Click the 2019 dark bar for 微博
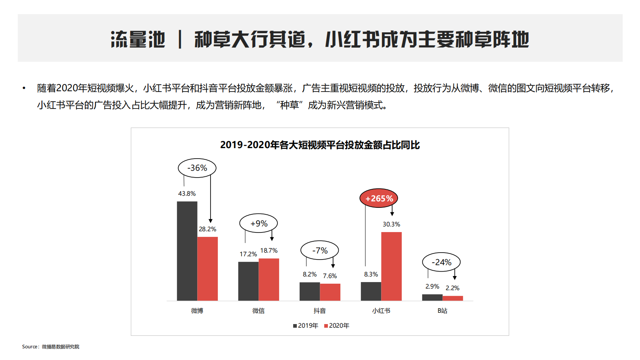[x=187, y=251]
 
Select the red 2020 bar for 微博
[x=208, y=269]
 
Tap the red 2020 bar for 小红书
[x=391, y=266]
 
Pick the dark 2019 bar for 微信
[x=248, y=281]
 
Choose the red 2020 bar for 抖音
[x=330, y=292]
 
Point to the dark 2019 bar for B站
[x=432, y=297]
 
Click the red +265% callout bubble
[x=379, y=198]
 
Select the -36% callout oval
[x=197, y=168]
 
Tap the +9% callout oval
[x=259, y=223]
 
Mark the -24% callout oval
[x=441, y=262]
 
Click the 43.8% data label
[x=187, y=194]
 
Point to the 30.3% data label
[x=391, y=224]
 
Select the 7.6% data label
[x=330, y=276]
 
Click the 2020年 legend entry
[x=337, y=326]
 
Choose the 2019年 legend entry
[x=306, y=326]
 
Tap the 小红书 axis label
[x=381, y=311]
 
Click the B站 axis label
[x=442, y=311]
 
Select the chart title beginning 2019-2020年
[x=320, y=145]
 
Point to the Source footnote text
[x=51, y=347]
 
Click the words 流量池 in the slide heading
[x=138, y=40]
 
